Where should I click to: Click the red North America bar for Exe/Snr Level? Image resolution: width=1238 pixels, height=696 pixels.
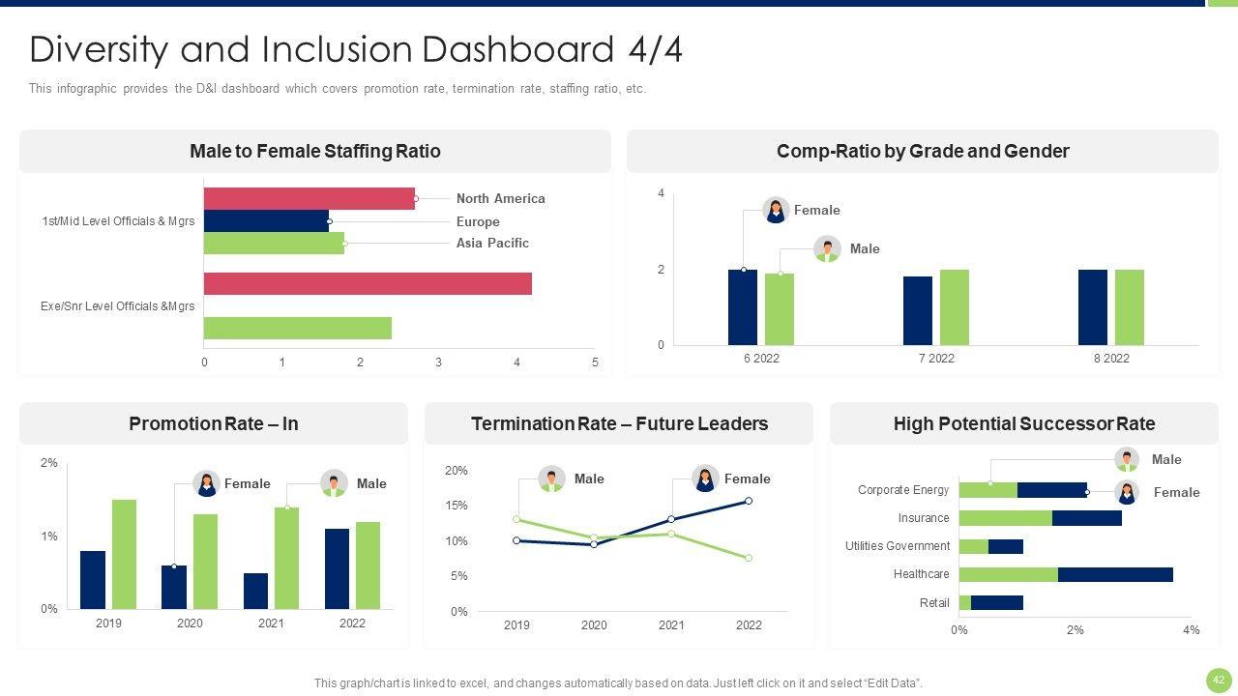click(368, 283)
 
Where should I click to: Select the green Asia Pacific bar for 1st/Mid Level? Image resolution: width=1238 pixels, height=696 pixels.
click(274, 243)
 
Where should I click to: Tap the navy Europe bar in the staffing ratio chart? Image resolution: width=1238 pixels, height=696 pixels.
click(266, 221)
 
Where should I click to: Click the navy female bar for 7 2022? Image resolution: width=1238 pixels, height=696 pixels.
click(918, 310)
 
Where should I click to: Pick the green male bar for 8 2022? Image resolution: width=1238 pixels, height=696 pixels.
click(1130, 307)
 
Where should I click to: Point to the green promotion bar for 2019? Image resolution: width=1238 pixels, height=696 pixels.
click(124, 554)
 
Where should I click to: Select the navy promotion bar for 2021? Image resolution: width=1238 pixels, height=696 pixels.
click(255, 591)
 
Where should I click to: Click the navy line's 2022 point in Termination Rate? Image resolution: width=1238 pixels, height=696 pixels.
click(749, 501)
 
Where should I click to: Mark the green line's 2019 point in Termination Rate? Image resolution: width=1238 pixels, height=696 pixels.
click(516, 520)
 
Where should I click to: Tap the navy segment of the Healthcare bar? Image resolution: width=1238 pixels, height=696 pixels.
click(1115, 574)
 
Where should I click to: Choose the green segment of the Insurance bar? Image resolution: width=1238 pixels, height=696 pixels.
click(1005, 518)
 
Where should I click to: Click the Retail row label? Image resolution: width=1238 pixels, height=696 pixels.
click(934, 603)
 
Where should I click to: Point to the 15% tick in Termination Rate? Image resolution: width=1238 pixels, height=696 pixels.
click(457, 506)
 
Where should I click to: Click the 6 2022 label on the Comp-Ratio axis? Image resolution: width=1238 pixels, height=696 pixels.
click(761, 359)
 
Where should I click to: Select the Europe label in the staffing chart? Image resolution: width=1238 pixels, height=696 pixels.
click(478, 221)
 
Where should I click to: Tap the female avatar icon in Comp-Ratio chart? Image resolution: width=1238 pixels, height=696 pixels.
click(776, 210)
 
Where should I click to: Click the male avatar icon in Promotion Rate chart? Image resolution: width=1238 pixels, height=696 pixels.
click(334, 483)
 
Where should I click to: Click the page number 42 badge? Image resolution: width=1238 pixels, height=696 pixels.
click(1219, 680)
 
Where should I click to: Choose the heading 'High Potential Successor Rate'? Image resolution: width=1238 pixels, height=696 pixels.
click(1023, 424)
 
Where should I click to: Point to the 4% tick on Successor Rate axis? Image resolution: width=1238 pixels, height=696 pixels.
click(1191, 630)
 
